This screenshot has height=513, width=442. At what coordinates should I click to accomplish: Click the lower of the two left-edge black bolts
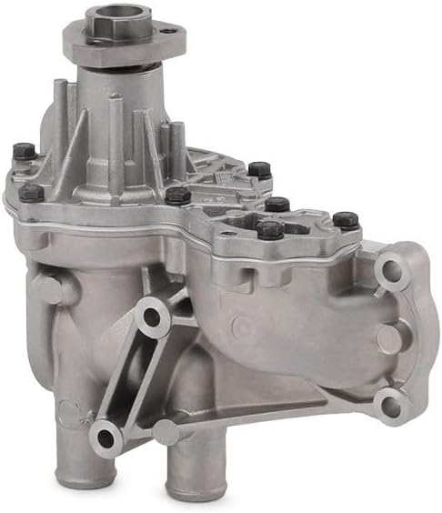(x=31, y=193)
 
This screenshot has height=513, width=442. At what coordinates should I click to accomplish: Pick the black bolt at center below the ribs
(x=177, y=195)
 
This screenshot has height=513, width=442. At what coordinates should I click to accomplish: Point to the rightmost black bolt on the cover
(x=346, y=219)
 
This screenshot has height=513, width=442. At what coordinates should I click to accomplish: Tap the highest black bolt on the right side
(x=259, y=169)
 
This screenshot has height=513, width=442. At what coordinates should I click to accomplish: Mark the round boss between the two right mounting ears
(x=389, y=339)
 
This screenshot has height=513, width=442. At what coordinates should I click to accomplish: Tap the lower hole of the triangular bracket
(x=106, y=438)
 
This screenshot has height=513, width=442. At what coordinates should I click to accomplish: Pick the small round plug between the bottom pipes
(x=166, y=433)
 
